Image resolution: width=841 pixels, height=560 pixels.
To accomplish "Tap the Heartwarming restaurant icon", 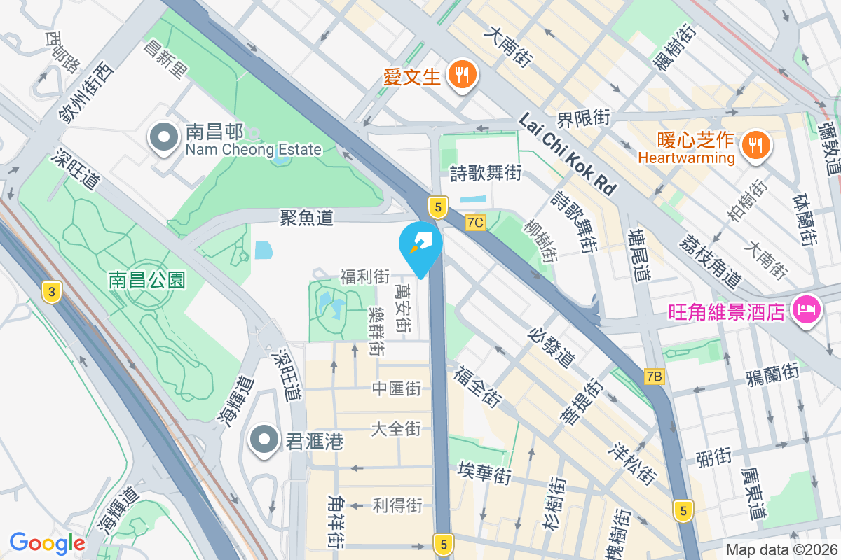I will [x=755, y=145].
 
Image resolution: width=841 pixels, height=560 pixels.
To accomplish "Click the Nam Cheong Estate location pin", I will [x=165, y=138].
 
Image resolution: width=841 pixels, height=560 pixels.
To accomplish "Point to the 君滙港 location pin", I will [x=264, y=440].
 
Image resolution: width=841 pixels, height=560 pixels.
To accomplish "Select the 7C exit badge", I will [x=475, y=223].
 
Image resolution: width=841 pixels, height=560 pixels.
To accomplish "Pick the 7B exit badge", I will [x=654, y=377].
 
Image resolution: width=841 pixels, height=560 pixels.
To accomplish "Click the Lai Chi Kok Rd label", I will [x=568, y=155].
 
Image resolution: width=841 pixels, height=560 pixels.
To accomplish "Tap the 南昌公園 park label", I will [x=147, y=281].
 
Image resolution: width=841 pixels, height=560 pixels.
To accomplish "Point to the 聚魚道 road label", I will [x=306, y=218].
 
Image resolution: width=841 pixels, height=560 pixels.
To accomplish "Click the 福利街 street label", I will [x=364, y=276].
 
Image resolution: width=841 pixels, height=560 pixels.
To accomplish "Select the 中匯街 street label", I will [x=397, y=388].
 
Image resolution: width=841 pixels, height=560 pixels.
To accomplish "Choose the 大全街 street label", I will [x=397, y=428].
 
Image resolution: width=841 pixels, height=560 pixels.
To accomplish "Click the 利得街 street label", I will [x=397, y=505].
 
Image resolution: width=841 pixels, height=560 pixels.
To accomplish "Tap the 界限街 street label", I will [x=583, y=118].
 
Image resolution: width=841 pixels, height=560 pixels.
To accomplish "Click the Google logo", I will [x=47, y=543].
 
